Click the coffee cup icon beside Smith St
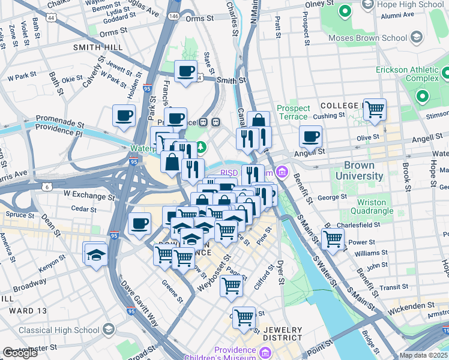pyautogui.click(x=185, y=72)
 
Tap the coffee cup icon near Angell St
pyautogui.click(x=310, y=136)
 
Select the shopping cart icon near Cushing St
pyautogui.click(x=374, y=110)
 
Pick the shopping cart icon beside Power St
pyautogui.click(x=332, y=238)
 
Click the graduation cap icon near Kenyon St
pyautogui.click(x=95, y=254)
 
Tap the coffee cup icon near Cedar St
pyautogui.click(x=139, y=224)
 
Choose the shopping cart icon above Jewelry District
pyautogui.click(x=244, y=317)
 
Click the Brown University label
pyautogui.click(x=363, y=170)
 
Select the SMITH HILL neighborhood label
pyautogui.click(x=98, y=47)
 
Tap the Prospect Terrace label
pyautogui.click(x=294, y=112)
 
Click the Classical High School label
pyautogui.click(x=59, y=330)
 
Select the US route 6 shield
pyautogui.click(x=47, y=187)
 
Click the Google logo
pyautogui.click(x=20, y=353)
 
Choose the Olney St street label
pyautogui.click(x=315, y=4)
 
